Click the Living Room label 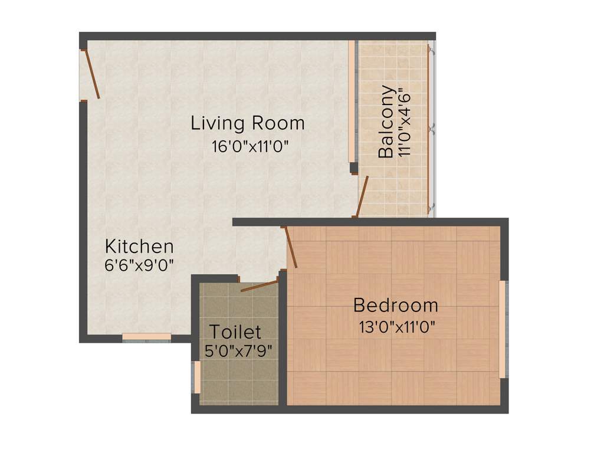click(248, 123)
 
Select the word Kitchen click(139, 246)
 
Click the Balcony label click(386, 122)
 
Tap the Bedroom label click(396, 306)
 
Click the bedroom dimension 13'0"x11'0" click(397, 326)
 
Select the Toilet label click(236, 331)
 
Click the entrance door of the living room click(93, 74)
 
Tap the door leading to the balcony click(362, 196)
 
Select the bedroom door click(291, 248)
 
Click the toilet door click(259, 285)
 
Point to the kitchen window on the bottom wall click(147, 337)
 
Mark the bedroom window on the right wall click(503, 329)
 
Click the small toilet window click(197, 377)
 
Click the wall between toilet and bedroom click(283, 342)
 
